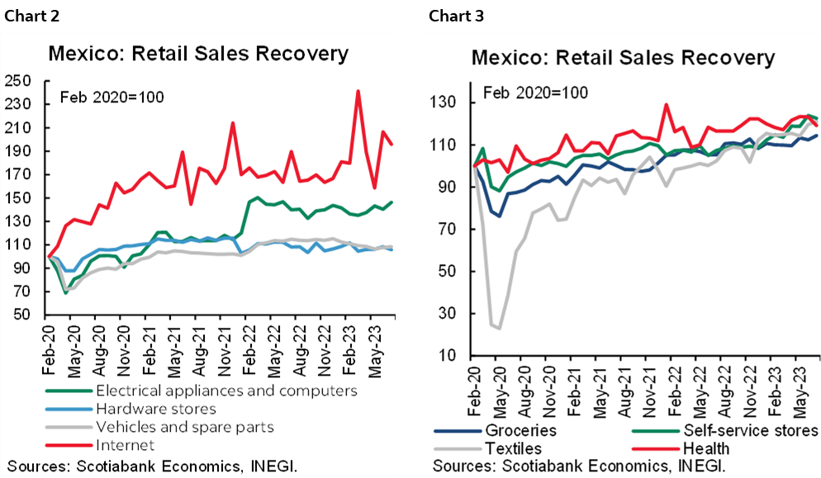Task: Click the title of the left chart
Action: pos(198,54)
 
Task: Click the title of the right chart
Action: pos(624,58)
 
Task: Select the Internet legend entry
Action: pos(124,446)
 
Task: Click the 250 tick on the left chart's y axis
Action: pos(17,81)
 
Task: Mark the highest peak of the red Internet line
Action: pos(358,91)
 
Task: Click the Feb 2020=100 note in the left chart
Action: pos(112,97)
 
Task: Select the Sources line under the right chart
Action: pos(578,467)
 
